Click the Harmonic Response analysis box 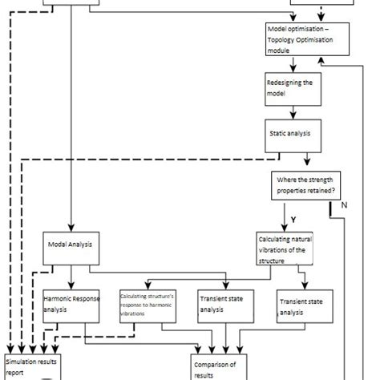pos(72,308)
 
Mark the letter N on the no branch pos(345,204)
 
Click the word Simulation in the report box pos(24,362)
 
